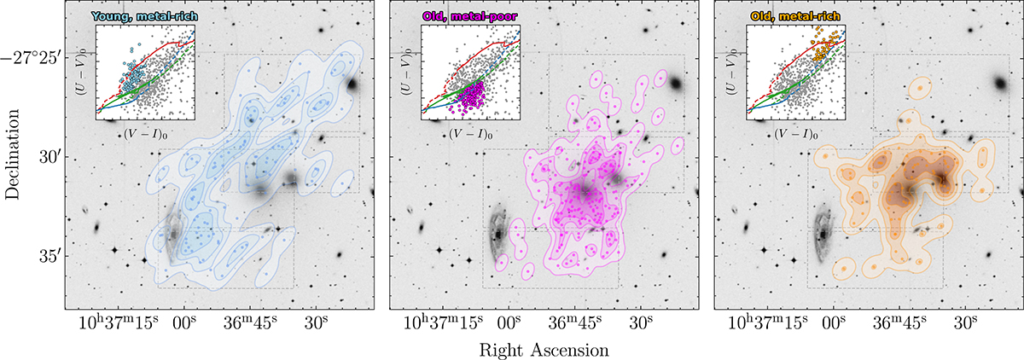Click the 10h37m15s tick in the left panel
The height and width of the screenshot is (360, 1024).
coord(112,325)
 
